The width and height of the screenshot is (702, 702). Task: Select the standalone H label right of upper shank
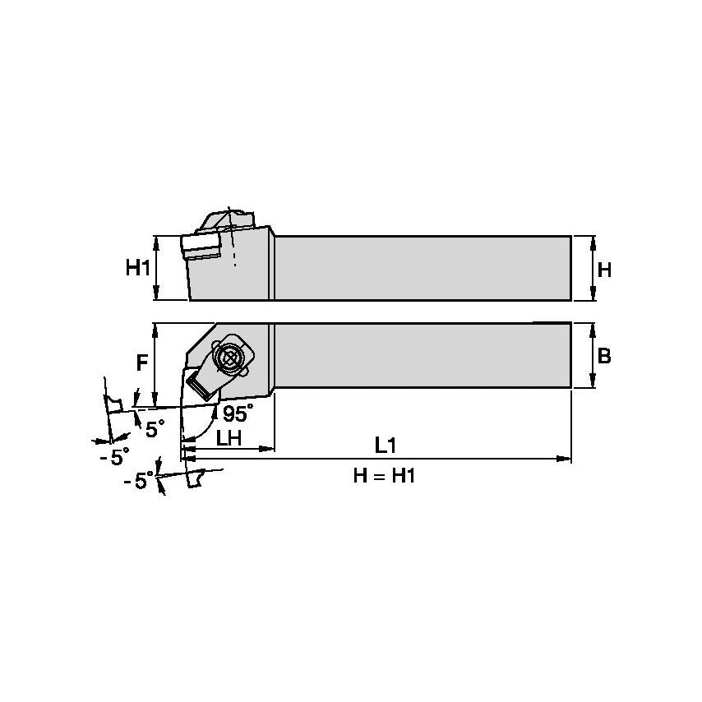coord(604,269)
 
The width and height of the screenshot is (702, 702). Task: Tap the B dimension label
coord(604,356)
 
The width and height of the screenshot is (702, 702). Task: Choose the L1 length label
coord(386,445)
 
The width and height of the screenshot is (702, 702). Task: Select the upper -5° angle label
coord(114,457)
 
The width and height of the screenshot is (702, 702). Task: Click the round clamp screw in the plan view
coord(229,358)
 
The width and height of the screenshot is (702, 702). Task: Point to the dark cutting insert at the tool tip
coord(199,380)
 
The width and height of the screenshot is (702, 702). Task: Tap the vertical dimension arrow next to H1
coord(156,268)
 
